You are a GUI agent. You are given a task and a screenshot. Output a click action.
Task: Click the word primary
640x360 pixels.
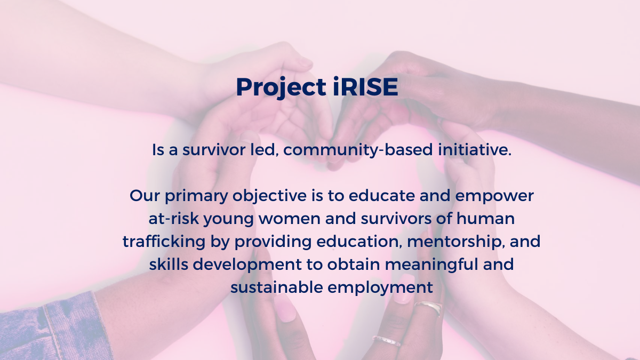pyautogui.click(x=197, y=196)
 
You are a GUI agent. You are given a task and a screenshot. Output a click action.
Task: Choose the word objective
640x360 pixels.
pyautogui.click(x=269, y=196)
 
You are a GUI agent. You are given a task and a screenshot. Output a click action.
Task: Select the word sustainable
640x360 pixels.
pyautogui.click(x=276, y=288)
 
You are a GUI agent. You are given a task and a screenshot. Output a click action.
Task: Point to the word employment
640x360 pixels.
pyautogui.click(x=380, y=288)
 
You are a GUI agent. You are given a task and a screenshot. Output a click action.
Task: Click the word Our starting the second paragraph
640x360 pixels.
pyautogui.click(x=143, y=196)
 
